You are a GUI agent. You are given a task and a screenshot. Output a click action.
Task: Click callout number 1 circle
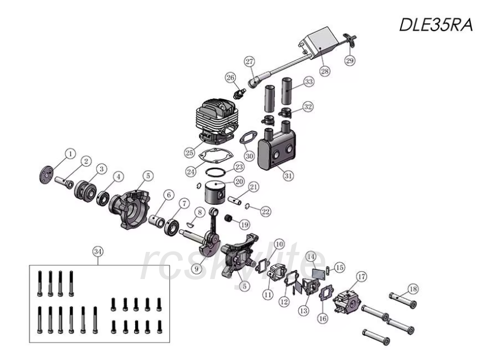[70, 153]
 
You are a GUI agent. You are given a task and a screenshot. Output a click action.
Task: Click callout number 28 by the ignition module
[324, 71]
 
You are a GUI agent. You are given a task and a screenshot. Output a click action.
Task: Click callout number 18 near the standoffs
[413, 289]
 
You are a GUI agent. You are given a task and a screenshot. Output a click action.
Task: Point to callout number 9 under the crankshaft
[196, 269]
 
